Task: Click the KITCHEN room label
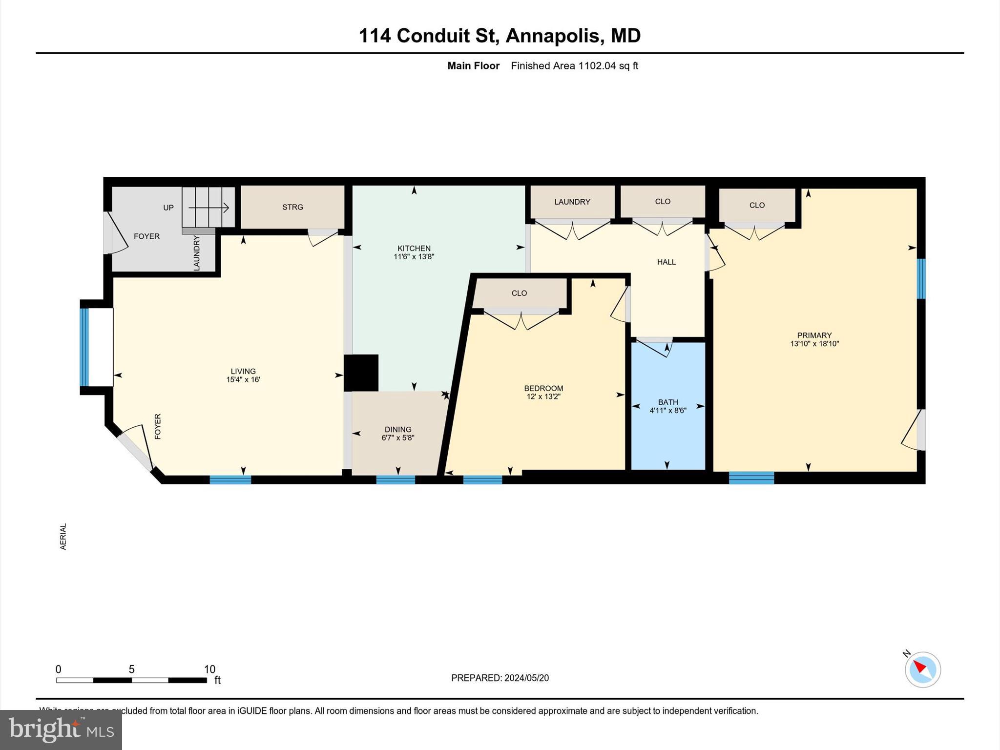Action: point(414,248)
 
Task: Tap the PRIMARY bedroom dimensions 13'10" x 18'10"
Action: point(814,344)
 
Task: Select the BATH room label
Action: point(667,402)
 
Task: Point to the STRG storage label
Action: point(292,207)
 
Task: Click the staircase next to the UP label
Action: point(208,208)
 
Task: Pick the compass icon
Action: point(922,669)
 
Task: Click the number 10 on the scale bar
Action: point(209,669)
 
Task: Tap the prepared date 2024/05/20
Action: point(526,678)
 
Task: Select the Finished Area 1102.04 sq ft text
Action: point(574,66)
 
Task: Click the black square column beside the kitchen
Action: point(361,373)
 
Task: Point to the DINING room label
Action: point(397,430)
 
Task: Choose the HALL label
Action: point(666,262)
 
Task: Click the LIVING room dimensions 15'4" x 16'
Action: point(243,379)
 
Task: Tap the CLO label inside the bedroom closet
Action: point(519,293)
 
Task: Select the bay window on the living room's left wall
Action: point(84,347)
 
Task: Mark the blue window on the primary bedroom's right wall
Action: point(921,278)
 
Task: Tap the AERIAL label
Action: point(63,537)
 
